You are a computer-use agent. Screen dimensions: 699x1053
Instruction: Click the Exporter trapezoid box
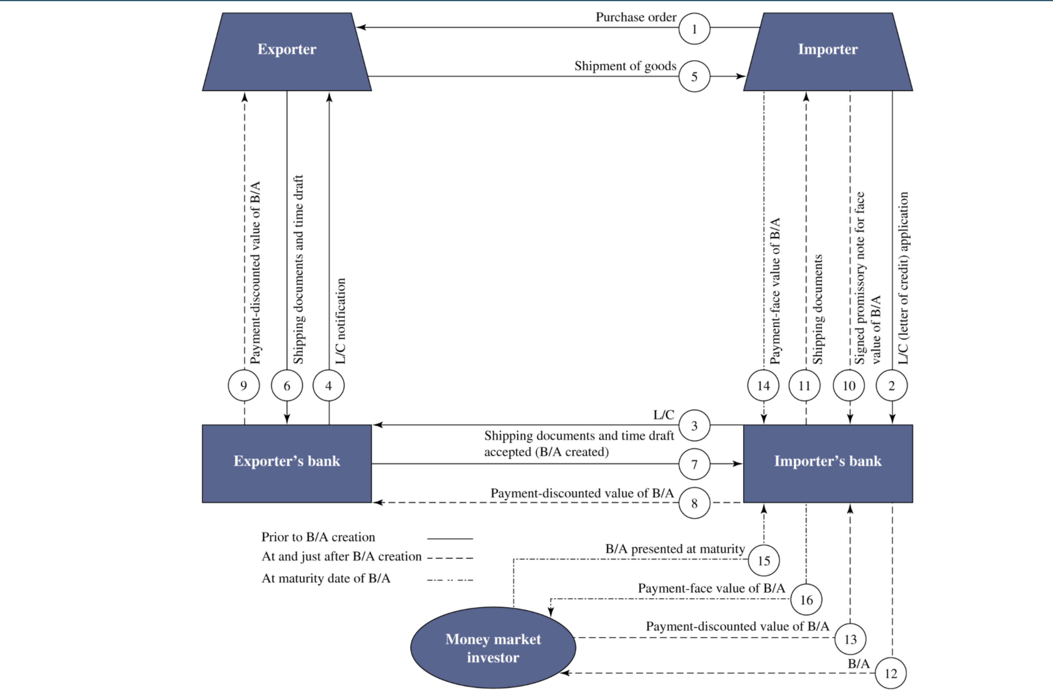pos(287,51)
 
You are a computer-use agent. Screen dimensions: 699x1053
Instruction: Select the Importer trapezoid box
pos(828,51)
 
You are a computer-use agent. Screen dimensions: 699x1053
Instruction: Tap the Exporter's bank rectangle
pos(287,463)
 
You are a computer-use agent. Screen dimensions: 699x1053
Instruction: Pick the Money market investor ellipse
pos(493,648)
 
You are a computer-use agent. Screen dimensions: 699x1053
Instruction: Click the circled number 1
pos(694,29)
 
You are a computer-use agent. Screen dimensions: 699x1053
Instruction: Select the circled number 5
pos(694,77)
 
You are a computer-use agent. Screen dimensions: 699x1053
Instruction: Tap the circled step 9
pos(244,385)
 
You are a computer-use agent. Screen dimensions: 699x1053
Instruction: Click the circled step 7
pos(694,465)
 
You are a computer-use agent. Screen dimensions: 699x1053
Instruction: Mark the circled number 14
pos(763,385)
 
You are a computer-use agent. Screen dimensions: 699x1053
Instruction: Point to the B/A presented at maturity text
pos(675,549)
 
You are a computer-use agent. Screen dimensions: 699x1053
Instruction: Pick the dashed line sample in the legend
pos(450,558)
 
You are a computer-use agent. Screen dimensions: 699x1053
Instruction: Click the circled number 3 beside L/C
pos(694,426)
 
